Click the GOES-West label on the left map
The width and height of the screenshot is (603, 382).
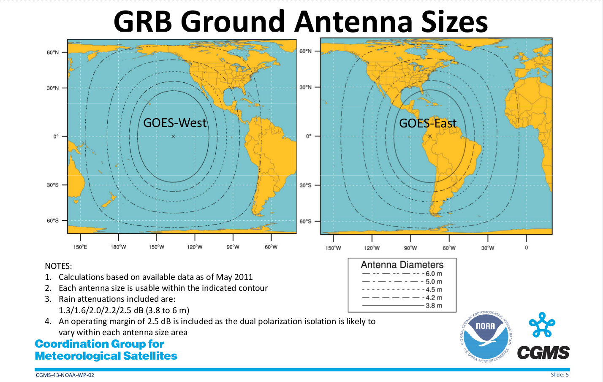tap(175, 123)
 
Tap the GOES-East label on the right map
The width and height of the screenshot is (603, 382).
tap(428, 123)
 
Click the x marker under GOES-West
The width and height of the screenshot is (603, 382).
tap(173, 136)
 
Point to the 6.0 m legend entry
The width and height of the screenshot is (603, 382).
tap(402, 274)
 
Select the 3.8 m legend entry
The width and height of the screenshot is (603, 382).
tap(402, 306)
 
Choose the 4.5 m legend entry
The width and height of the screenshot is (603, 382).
tap(402, 290)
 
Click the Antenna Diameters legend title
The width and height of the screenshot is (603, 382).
tap(402, 265)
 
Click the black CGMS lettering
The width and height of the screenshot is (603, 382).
tap(543, 352)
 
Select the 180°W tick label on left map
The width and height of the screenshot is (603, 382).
tap(118, 247)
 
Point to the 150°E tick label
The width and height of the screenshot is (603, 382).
tap(80, 247)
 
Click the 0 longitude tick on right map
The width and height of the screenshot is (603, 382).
tap(526, 247)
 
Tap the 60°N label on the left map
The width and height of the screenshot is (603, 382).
tap(52, 52)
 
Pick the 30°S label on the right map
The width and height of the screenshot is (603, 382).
tap(305, 185)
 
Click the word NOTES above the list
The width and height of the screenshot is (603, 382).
tap(58, 266)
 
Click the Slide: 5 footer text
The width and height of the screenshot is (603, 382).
tap(560, 375)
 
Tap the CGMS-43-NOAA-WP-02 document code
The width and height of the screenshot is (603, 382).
tap(65, 375)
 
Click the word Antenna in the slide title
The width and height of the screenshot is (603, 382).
tap(353, 22)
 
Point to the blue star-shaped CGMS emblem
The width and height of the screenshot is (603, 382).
tap(542, 325)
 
